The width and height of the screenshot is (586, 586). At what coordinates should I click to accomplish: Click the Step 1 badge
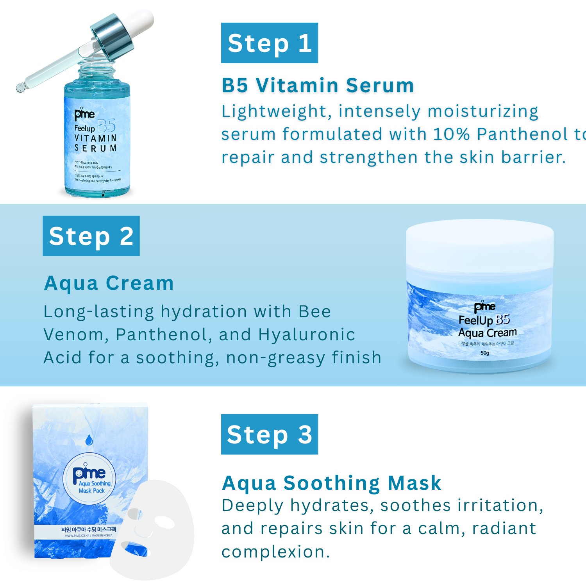pyautogui.click(x=269, y=43)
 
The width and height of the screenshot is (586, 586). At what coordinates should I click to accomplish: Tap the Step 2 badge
pyautogui.click(x=91, y=236)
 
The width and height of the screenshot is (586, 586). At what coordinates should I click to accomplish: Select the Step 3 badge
pyautogui.click(x=269, y=434)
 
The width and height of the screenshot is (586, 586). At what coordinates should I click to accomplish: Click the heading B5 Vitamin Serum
pyautogui.click(x=318, y=85)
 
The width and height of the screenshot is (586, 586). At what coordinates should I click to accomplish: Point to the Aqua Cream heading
pyautogui.click(x=109, y=283)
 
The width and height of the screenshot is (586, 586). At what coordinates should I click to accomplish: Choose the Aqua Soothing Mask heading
pyautogui.click(x=331, y=483)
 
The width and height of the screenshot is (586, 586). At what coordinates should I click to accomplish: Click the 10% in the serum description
pyautogui.click(x=451, y=134)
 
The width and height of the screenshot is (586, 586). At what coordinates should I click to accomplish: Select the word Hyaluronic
pyautogui.click(x=307, y=335)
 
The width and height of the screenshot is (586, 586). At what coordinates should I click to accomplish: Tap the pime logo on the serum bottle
pyautogui.click(x=84, y=114)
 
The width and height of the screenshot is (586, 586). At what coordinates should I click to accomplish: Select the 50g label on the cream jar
pyautogui.click(x=484, y=353)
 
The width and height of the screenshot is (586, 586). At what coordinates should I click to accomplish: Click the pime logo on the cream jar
pyautogui.click(x=484, y=307)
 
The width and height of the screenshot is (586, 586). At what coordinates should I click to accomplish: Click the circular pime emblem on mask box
pyautogui.click(x=89, y=479)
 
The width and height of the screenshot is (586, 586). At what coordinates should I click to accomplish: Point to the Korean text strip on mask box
pyautogui.click(x=89, y=530)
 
